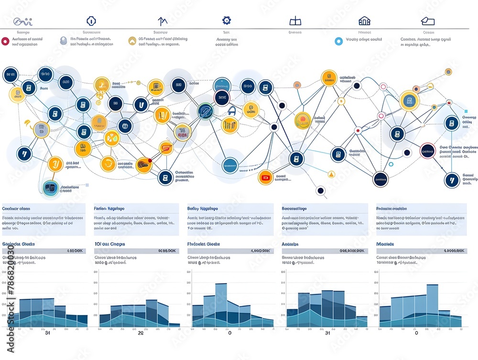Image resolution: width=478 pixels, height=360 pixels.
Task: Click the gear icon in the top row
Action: pyautogui.click(x=227, y=21)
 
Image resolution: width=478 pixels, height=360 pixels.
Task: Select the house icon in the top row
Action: pyautogui.click(x=364, y=21)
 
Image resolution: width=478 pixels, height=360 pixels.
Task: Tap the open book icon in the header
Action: pyautogui.click(x=295, y=21)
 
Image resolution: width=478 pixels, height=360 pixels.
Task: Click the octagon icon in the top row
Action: pyautogui.click(x=91, y=21)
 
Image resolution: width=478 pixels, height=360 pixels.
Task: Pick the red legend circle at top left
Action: pyautogui.click(x=5, y=41)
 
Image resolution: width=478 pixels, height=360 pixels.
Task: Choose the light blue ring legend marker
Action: pyautogui.click(x=338, y=42)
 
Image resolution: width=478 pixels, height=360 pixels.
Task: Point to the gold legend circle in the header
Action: pyautogui.click(x=132, y=41)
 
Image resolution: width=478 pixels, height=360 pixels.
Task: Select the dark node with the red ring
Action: pyautogui.click(x=427, y=151)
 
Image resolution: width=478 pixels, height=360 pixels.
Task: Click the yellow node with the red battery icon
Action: pyautogui.click(x=266, y=177)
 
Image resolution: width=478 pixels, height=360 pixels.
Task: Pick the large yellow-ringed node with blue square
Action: pyautogui.click(x=409, y=100)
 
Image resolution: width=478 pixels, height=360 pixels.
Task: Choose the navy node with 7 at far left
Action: pyautogui.click(x=23, y=153)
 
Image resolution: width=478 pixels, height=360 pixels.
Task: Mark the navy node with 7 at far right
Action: pyautogui.click(x=451, y=180)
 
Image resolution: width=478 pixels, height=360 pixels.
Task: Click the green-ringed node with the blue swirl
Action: pyautogui.click(x=205, y=111)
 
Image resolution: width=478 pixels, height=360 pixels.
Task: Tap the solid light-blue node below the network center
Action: pyautogui.click(x=230, y=165)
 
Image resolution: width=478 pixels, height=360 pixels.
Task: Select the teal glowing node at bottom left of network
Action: pyautogui.click(x=50, y=187)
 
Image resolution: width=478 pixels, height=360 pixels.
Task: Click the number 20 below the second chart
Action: pyautogui.click(x=141, y=333)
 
